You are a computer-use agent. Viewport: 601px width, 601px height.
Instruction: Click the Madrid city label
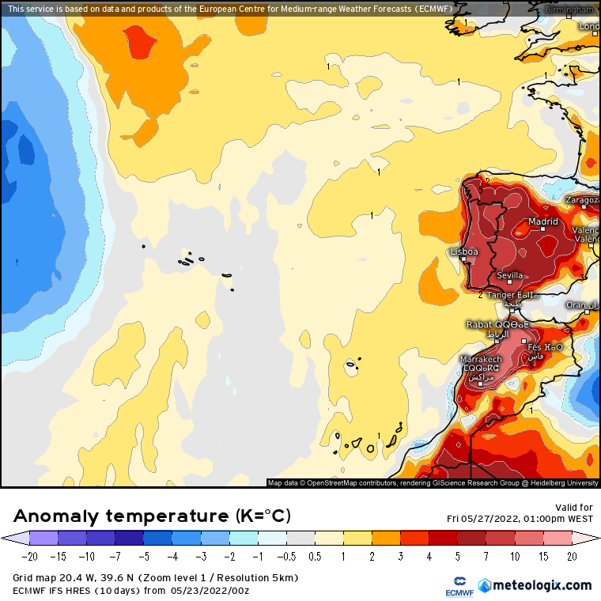point(543,222)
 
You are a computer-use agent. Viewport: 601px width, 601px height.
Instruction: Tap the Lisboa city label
point(463,251)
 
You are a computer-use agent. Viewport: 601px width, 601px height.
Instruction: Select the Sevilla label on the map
point(509,275)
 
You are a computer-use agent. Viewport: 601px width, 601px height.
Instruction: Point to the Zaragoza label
point(583,200)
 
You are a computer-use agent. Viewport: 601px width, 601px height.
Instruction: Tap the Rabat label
point(479,324)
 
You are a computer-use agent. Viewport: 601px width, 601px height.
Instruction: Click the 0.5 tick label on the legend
point(315,556)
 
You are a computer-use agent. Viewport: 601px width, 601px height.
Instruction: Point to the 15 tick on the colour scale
point(543,556)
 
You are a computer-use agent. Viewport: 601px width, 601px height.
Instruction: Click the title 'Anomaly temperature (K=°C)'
point(153,516)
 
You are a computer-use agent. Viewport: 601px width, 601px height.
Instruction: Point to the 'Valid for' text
point(575,508)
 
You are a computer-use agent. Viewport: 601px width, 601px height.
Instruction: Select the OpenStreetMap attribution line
point(433,482)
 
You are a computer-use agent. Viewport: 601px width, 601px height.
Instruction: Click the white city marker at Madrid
point(531,229)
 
